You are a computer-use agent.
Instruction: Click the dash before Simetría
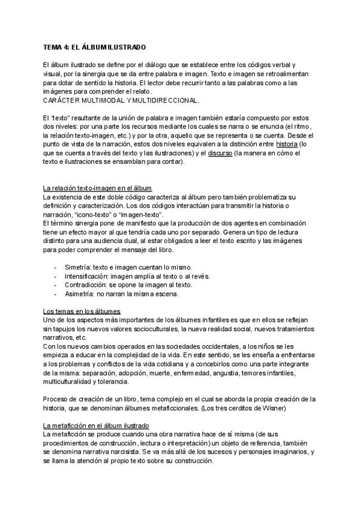pyautogui.click(x=56, y=266)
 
